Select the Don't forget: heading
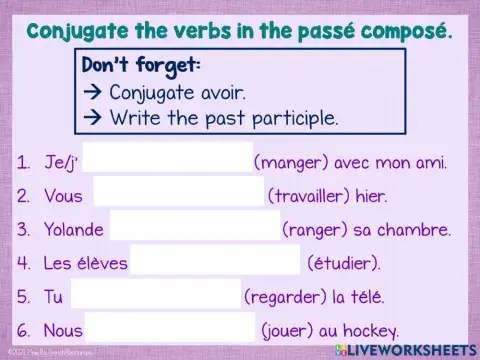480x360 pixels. coord(140,66)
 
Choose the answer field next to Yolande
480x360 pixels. coord(194,229)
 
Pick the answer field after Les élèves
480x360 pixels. coord(215,263)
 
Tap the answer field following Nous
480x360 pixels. coord(170,329)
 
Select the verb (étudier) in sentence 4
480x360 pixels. coord(342,263)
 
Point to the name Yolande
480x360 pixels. coord(73,229)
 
